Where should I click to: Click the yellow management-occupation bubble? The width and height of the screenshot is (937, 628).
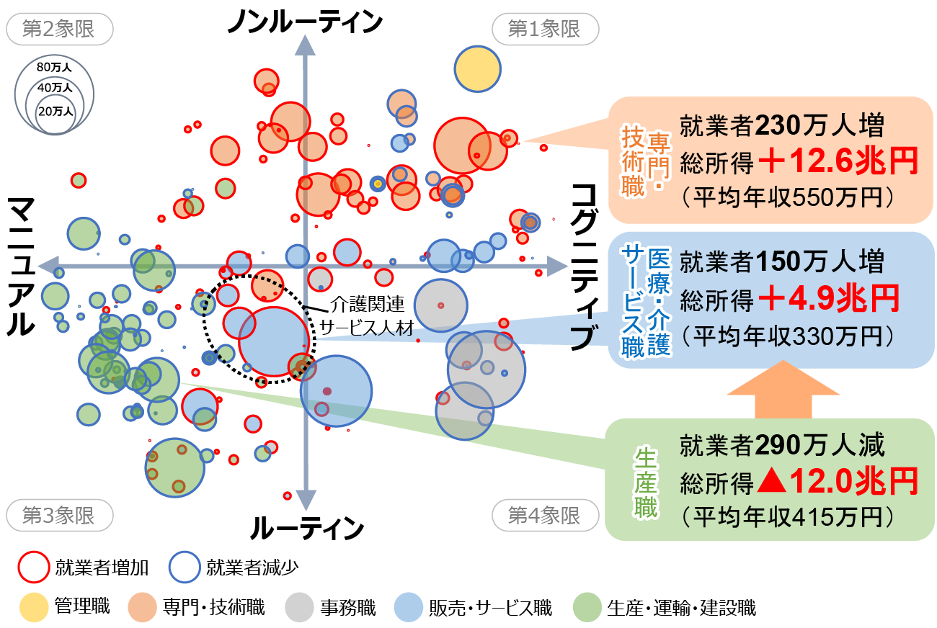[x=477, y=69]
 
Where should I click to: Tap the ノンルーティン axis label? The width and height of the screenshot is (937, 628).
[x=305, y=22]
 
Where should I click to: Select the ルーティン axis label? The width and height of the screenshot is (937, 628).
[x=307, y=529]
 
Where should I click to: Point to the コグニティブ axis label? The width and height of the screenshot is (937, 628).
[x=585, y=266]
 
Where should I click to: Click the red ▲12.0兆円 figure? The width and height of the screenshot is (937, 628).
[x=836, y=480]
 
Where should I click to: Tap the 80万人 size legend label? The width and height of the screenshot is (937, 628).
[x=55, y=67]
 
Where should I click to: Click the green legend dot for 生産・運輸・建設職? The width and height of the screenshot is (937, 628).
[x=587, y=607]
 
